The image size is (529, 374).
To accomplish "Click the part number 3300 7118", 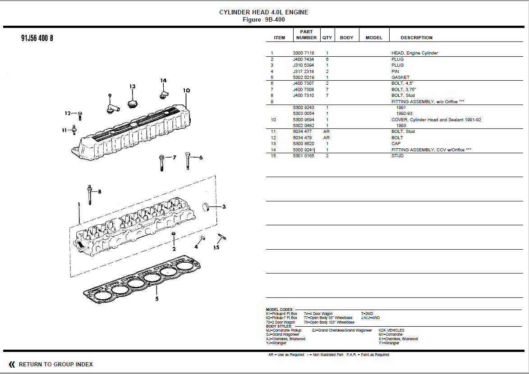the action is [x=304, y=53].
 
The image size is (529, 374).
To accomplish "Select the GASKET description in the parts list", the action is [x=400, y=77].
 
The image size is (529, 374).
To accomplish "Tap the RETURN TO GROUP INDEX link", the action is [x=55, y=364].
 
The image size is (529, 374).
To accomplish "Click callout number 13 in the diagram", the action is [x=132, y=87].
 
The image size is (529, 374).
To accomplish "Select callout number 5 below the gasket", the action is [x=157, y=298].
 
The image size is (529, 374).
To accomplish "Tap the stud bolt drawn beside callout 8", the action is [x=90, y=195].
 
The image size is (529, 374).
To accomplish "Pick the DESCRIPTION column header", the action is [x=416, y=38].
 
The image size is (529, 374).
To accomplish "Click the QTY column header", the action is [x=327, y=38].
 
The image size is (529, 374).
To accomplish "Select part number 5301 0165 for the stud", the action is [x=304, y=156].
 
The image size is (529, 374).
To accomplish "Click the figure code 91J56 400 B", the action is [x=37, y=38].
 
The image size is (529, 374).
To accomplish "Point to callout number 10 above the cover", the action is [x=187, y=91].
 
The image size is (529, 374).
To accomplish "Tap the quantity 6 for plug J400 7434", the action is [x=327, y=59].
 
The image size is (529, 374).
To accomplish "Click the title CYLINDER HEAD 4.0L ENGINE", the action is [x=263, y=13].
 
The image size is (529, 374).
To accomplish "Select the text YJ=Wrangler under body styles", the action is [x=276, y=343].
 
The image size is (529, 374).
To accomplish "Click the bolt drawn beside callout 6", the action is [x=188, y=161].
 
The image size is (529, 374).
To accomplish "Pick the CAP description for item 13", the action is [x=396, y=144].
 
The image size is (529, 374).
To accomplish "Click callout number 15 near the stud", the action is [x=216, y=247].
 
